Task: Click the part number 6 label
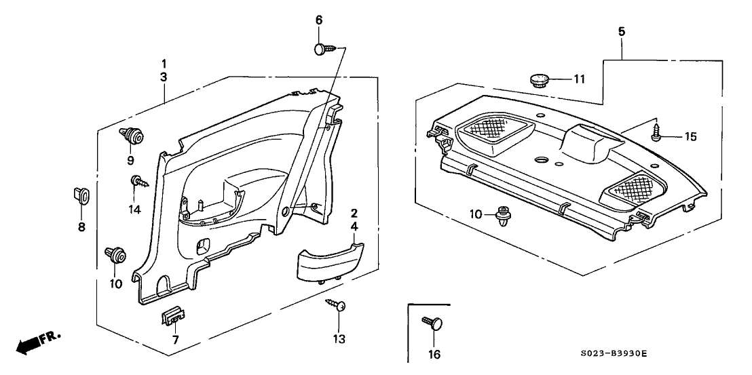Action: point(318,21)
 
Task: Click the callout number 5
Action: point(621,31)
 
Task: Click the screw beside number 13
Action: point(337,306)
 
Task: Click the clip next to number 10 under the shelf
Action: point(504,215)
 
